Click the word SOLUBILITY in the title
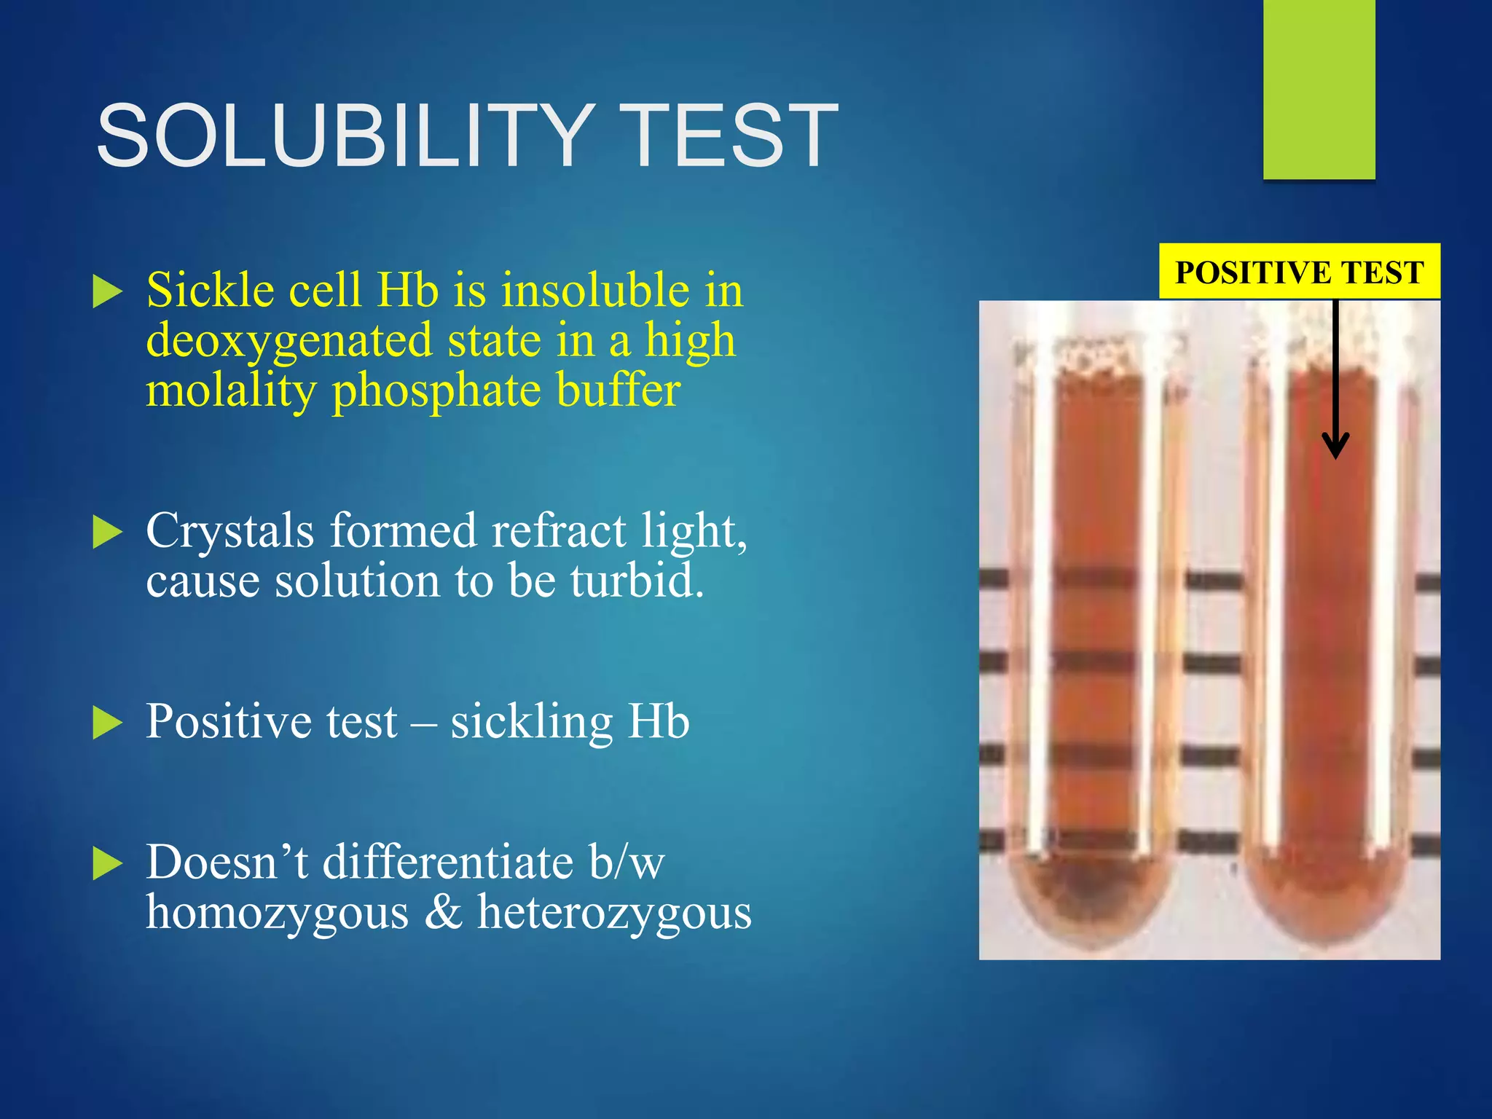[342, 136]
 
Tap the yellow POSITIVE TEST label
[1299, 272]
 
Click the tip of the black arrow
[1335, 455]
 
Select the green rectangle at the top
[1319, 89]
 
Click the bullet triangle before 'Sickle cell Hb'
[108, 292]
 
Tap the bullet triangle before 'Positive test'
[108, 723]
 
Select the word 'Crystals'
[230, 530]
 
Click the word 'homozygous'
[277, 914]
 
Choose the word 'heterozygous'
[614, 912]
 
